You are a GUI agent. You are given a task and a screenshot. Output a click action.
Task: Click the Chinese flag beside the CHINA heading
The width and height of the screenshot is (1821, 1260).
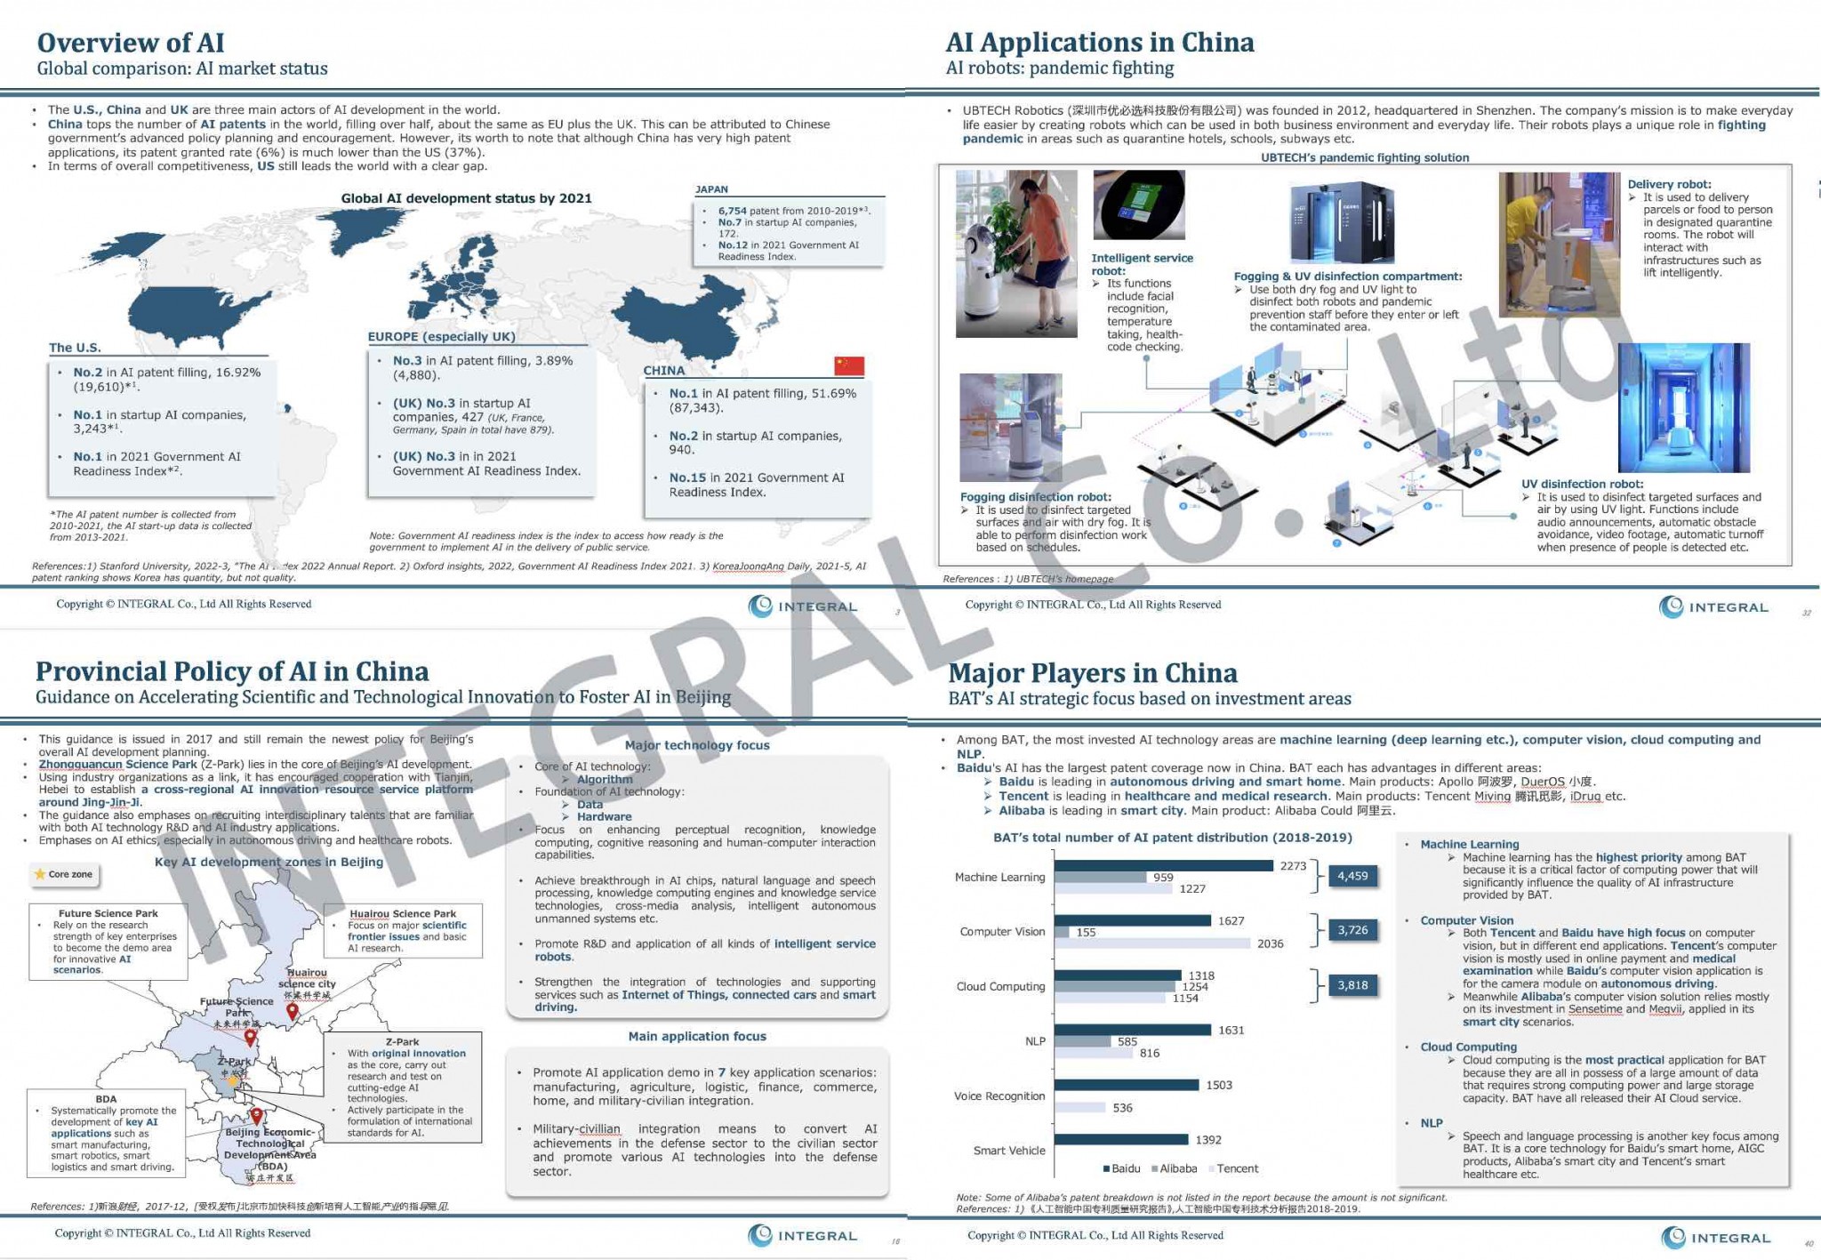click(x=848, y=365)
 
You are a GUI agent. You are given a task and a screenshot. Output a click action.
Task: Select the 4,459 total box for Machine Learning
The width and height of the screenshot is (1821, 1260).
click(x=1352, y=876)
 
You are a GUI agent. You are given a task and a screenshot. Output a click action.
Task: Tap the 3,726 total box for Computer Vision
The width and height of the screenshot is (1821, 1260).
click(x=1352, y=930)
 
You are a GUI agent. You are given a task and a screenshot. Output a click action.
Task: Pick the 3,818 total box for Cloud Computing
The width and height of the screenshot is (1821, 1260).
click(x=1352, y=985)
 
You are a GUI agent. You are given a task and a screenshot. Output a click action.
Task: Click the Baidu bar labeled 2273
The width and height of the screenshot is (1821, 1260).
click(x=1163, y=865)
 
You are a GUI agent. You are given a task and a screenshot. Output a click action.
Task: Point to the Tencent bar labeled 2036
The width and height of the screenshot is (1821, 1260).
click(x=1151, y=943)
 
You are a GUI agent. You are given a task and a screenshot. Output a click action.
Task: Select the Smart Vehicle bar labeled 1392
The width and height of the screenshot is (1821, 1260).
click(x=1120, y=1140)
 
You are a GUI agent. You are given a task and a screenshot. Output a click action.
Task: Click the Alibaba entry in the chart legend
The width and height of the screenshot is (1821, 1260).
click(x=1175, y=1168)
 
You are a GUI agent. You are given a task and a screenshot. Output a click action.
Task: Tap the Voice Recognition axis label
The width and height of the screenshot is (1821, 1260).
click(x=999, y=1096)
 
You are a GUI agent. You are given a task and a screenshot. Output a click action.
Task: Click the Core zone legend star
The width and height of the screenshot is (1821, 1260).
click(x=40, y=874)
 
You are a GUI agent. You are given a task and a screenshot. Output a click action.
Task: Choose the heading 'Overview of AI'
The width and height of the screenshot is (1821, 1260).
click(x=131, y=43)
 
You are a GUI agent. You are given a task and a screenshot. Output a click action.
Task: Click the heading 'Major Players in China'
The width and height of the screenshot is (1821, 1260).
click(x=1092, y=673)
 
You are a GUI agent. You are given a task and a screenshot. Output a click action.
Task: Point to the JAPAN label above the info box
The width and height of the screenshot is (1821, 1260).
click(x=711, y=189)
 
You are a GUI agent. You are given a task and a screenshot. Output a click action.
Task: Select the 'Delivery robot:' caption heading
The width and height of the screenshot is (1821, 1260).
click(x=1669, y=184)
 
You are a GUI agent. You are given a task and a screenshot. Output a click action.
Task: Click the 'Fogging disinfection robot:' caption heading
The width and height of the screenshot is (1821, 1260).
click(x=1035, y=497)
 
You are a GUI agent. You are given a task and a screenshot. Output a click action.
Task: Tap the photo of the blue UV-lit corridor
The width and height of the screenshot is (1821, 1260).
click(x=1683, y=407)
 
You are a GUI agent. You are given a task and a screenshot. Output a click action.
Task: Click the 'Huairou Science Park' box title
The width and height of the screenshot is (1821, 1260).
click(x=403, y=913)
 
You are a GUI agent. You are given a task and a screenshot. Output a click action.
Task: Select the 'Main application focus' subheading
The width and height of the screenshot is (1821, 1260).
click(x=697, y=1036)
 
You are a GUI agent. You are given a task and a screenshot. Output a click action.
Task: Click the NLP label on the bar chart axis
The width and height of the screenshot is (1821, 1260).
click(x=1035, y=1041)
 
